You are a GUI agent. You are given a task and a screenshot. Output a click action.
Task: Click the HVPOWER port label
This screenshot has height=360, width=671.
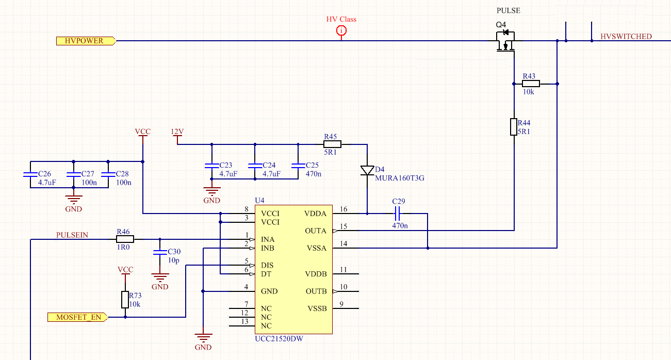[86, 41]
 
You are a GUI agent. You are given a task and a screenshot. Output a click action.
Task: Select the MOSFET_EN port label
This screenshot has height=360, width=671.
[77, 317]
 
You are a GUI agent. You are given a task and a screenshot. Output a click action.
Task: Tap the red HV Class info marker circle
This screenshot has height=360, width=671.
[341, 30]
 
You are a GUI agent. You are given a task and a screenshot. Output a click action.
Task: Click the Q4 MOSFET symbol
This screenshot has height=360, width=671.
[505, 41]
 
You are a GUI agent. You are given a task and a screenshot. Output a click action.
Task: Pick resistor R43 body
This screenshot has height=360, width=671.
[531, 84]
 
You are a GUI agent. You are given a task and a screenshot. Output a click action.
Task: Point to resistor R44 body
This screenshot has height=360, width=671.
[514, 127]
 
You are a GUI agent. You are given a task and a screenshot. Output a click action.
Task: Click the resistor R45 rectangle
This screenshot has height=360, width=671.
[332, 144]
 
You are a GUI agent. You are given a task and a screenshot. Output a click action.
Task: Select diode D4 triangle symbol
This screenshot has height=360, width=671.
[367, 170]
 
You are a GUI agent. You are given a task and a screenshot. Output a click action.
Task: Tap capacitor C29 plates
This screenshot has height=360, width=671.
[398, 214]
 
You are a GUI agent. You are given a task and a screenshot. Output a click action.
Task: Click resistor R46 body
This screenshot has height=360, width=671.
[125, 239]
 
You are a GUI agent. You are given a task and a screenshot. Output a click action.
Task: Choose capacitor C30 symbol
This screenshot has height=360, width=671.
[160, 253]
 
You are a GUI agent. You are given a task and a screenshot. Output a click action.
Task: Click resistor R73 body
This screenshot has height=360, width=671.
[125, 300]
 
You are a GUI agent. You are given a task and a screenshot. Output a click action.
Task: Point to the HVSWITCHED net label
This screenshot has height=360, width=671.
[626, 37]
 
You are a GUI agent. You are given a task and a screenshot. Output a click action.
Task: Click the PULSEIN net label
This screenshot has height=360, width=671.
[72, 235]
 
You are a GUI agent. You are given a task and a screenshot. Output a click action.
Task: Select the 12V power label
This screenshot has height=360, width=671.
[177, 132]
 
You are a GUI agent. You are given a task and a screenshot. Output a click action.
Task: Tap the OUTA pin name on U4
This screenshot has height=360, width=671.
[316, 231]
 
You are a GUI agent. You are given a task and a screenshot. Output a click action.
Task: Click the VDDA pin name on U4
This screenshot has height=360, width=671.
[315, 214]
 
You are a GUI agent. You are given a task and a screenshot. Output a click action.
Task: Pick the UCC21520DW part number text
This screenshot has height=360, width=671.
[279, 339]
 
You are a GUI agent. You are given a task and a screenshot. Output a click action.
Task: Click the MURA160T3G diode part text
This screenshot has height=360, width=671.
[400, 178]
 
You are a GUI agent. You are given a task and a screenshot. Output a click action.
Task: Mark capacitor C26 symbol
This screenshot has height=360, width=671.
[30, 174]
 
